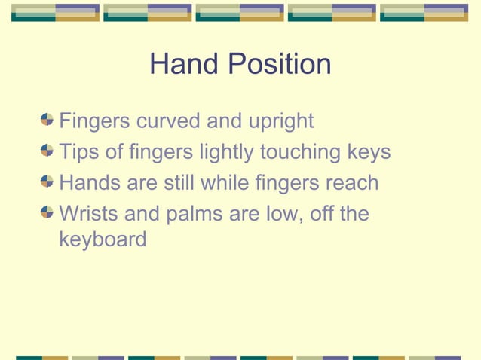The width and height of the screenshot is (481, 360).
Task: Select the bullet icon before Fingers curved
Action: point(47,120)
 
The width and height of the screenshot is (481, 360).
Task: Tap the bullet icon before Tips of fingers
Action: point(47,151)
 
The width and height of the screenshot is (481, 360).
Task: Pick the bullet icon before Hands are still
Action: point(47,182)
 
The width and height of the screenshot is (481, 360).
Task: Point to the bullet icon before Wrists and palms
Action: point(47,213)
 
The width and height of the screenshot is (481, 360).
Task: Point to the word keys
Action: point(367,153)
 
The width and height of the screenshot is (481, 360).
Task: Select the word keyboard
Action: point(103,241)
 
